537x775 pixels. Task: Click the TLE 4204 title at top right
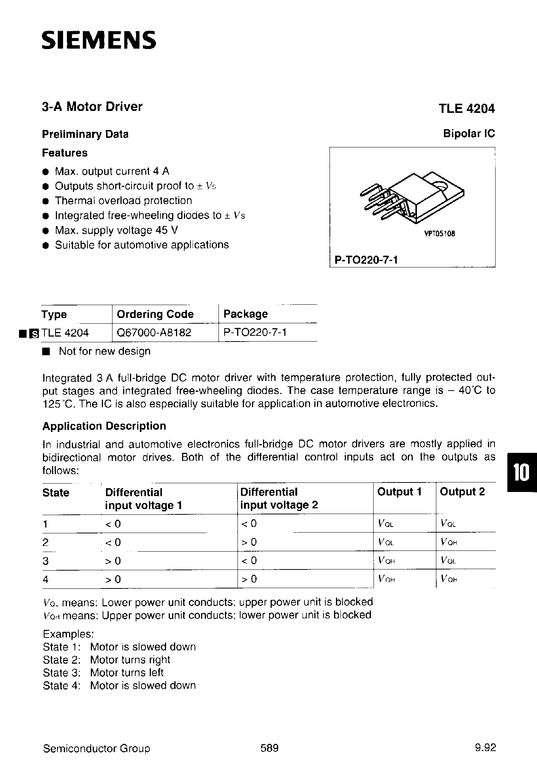pos(467,109)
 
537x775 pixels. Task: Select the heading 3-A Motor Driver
pos(92,107)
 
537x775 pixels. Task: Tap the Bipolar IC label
pos(469,134)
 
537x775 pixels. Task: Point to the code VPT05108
pos(439,234)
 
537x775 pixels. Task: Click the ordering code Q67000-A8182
pos(154,332)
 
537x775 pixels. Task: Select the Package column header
pos(246,314)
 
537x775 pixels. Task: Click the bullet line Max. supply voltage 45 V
pos(116,230)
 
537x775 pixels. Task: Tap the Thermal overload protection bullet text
pos(123,201)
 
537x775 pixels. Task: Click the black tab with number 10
pos(521,473)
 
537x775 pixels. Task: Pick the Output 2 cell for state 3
pos(448,560)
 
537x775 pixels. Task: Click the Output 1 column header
pos(399,492)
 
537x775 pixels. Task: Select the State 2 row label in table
pos(46,542)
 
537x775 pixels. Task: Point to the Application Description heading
pos(104,426)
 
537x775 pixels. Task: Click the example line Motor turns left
pos(127,672)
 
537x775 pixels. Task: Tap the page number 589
pos(269,748)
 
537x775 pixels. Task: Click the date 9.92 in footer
pos(485,748)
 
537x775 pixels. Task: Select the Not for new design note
pos(104,351)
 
